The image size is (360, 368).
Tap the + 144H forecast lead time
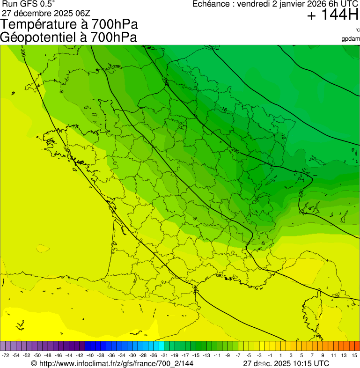[x=332, y=15]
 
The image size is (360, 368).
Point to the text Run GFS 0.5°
[x=29, y=4]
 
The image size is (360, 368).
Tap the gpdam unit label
[x=351, y=38]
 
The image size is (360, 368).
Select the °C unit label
[x=357, y=30]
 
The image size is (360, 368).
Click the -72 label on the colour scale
[x=6, y=356]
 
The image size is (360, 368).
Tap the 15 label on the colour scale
[x=354, y=356]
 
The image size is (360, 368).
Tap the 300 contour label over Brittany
[x=68, y=152]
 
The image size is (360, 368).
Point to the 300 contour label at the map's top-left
[x=23, y=52]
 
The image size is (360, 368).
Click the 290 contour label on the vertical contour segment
[x=300, y=193]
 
